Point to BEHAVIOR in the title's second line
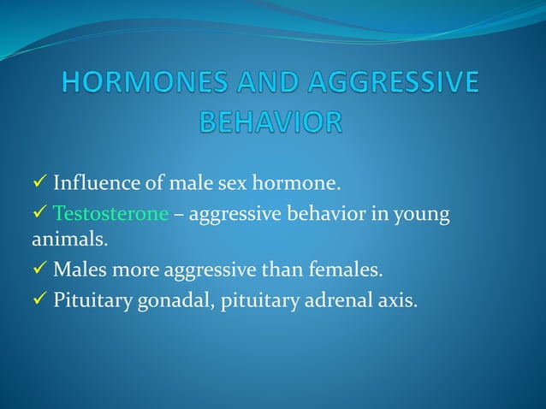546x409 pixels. [271, 122]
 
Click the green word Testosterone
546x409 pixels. [110, 214]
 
